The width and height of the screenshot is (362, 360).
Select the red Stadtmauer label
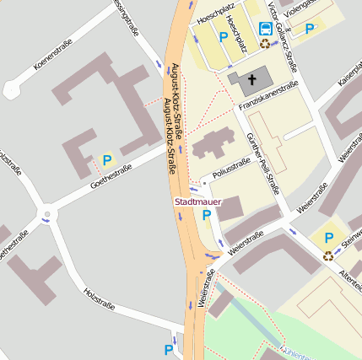(197, 202)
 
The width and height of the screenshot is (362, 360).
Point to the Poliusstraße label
(231, 172)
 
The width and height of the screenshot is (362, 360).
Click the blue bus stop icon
(265, 26)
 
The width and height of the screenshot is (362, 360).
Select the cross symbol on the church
(251, 81)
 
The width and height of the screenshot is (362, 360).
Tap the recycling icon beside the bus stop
(265, 42)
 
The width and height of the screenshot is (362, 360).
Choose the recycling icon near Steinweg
(327, 255)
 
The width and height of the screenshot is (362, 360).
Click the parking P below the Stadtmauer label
(207, 216)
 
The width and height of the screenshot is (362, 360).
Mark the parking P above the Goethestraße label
(107, 159)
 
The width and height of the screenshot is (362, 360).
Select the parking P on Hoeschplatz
(224, 36)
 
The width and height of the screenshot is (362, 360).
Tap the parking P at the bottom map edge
(168, 349)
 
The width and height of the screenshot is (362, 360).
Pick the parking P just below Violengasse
(310, 28)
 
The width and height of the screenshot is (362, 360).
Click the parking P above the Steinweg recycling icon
(328, 239)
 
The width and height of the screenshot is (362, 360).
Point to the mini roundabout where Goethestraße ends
(46, 215)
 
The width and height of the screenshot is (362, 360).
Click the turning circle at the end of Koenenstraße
(12, 88)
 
